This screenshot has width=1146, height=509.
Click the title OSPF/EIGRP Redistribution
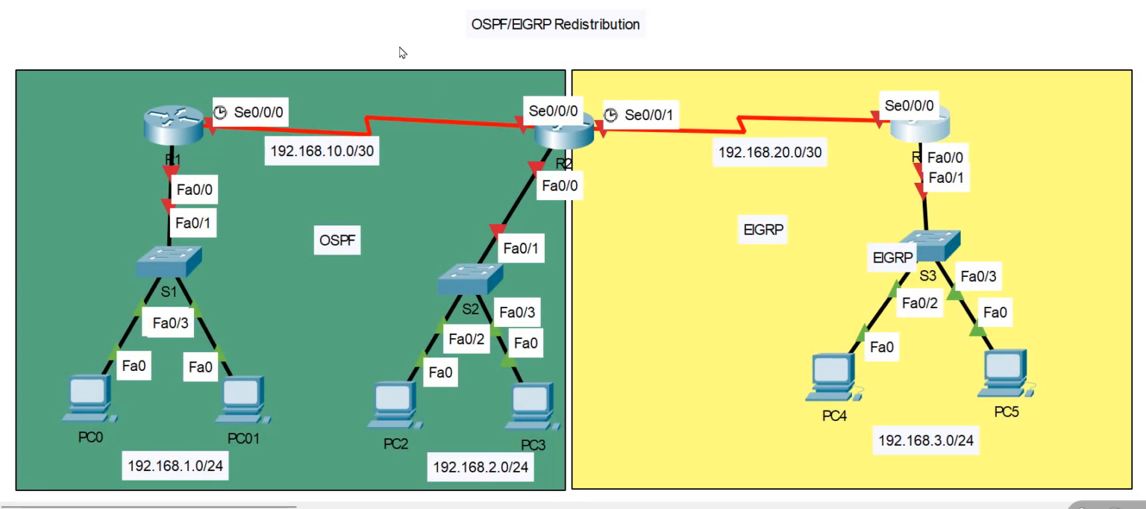555,24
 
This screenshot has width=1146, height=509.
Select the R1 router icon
173,124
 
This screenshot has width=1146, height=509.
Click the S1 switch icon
169,261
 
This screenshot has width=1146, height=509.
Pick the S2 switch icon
471,278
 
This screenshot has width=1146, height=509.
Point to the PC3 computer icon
531,406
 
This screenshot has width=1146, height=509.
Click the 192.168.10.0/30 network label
322,151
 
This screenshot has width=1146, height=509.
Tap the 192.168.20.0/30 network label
770,152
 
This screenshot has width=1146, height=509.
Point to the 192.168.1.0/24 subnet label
176,466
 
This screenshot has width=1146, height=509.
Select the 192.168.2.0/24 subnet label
480,467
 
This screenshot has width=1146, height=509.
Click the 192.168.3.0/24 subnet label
926,440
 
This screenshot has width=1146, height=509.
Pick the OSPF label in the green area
337,240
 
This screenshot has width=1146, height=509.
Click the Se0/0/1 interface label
648,115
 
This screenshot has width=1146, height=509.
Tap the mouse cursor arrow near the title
402,52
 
